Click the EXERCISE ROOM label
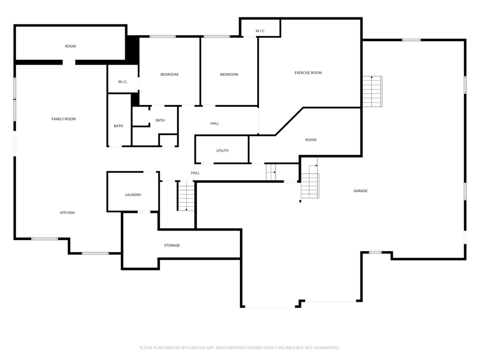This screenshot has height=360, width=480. [308, 73]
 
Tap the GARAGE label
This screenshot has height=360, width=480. [360, 191]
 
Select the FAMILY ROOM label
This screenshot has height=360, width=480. [63, 119]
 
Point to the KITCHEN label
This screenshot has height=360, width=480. [67, 213]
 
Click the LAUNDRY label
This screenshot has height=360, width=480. [133, 195]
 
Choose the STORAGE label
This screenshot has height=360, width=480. [172, 246]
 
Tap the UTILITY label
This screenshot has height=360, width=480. [223, 150]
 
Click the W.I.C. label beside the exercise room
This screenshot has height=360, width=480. [260, 31]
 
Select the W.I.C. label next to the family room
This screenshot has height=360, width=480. [123, 82]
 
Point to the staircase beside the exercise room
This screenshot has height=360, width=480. [373, 91]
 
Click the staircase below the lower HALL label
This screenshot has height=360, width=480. [186, 196]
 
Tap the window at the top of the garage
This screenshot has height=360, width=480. [411, 40]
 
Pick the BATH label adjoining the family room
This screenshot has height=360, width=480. [119, 126]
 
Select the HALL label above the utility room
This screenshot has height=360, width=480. [215, 123]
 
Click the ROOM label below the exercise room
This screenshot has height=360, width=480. [311, 140]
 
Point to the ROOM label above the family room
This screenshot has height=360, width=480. [70, 46]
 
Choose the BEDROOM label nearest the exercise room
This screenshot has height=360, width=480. [229, 75]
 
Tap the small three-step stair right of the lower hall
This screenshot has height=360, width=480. [271, 172]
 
